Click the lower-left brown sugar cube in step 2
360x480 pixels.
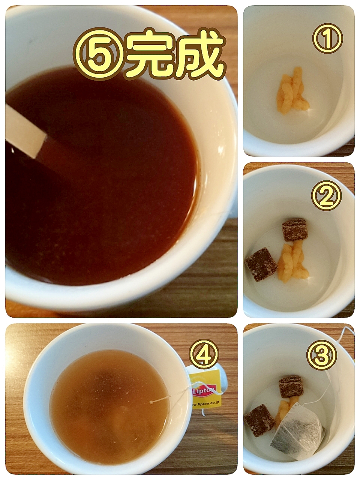pyautogui.click(x=261, y=264)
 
